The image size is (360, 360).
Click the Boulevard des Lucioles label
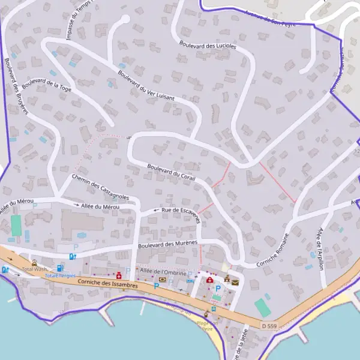point(208,44)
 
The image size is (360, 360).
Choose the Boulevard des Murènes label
point(167,244)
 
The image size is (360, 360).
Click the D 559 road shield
point(269,326)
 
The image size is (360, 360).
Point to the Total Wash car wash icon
point(34,262)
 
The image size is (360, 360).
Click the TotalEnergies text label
point(59,275)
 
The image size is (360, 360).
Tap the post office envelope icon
point(235,282)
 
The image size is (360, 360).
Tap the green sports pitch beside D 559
point(262,308)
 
